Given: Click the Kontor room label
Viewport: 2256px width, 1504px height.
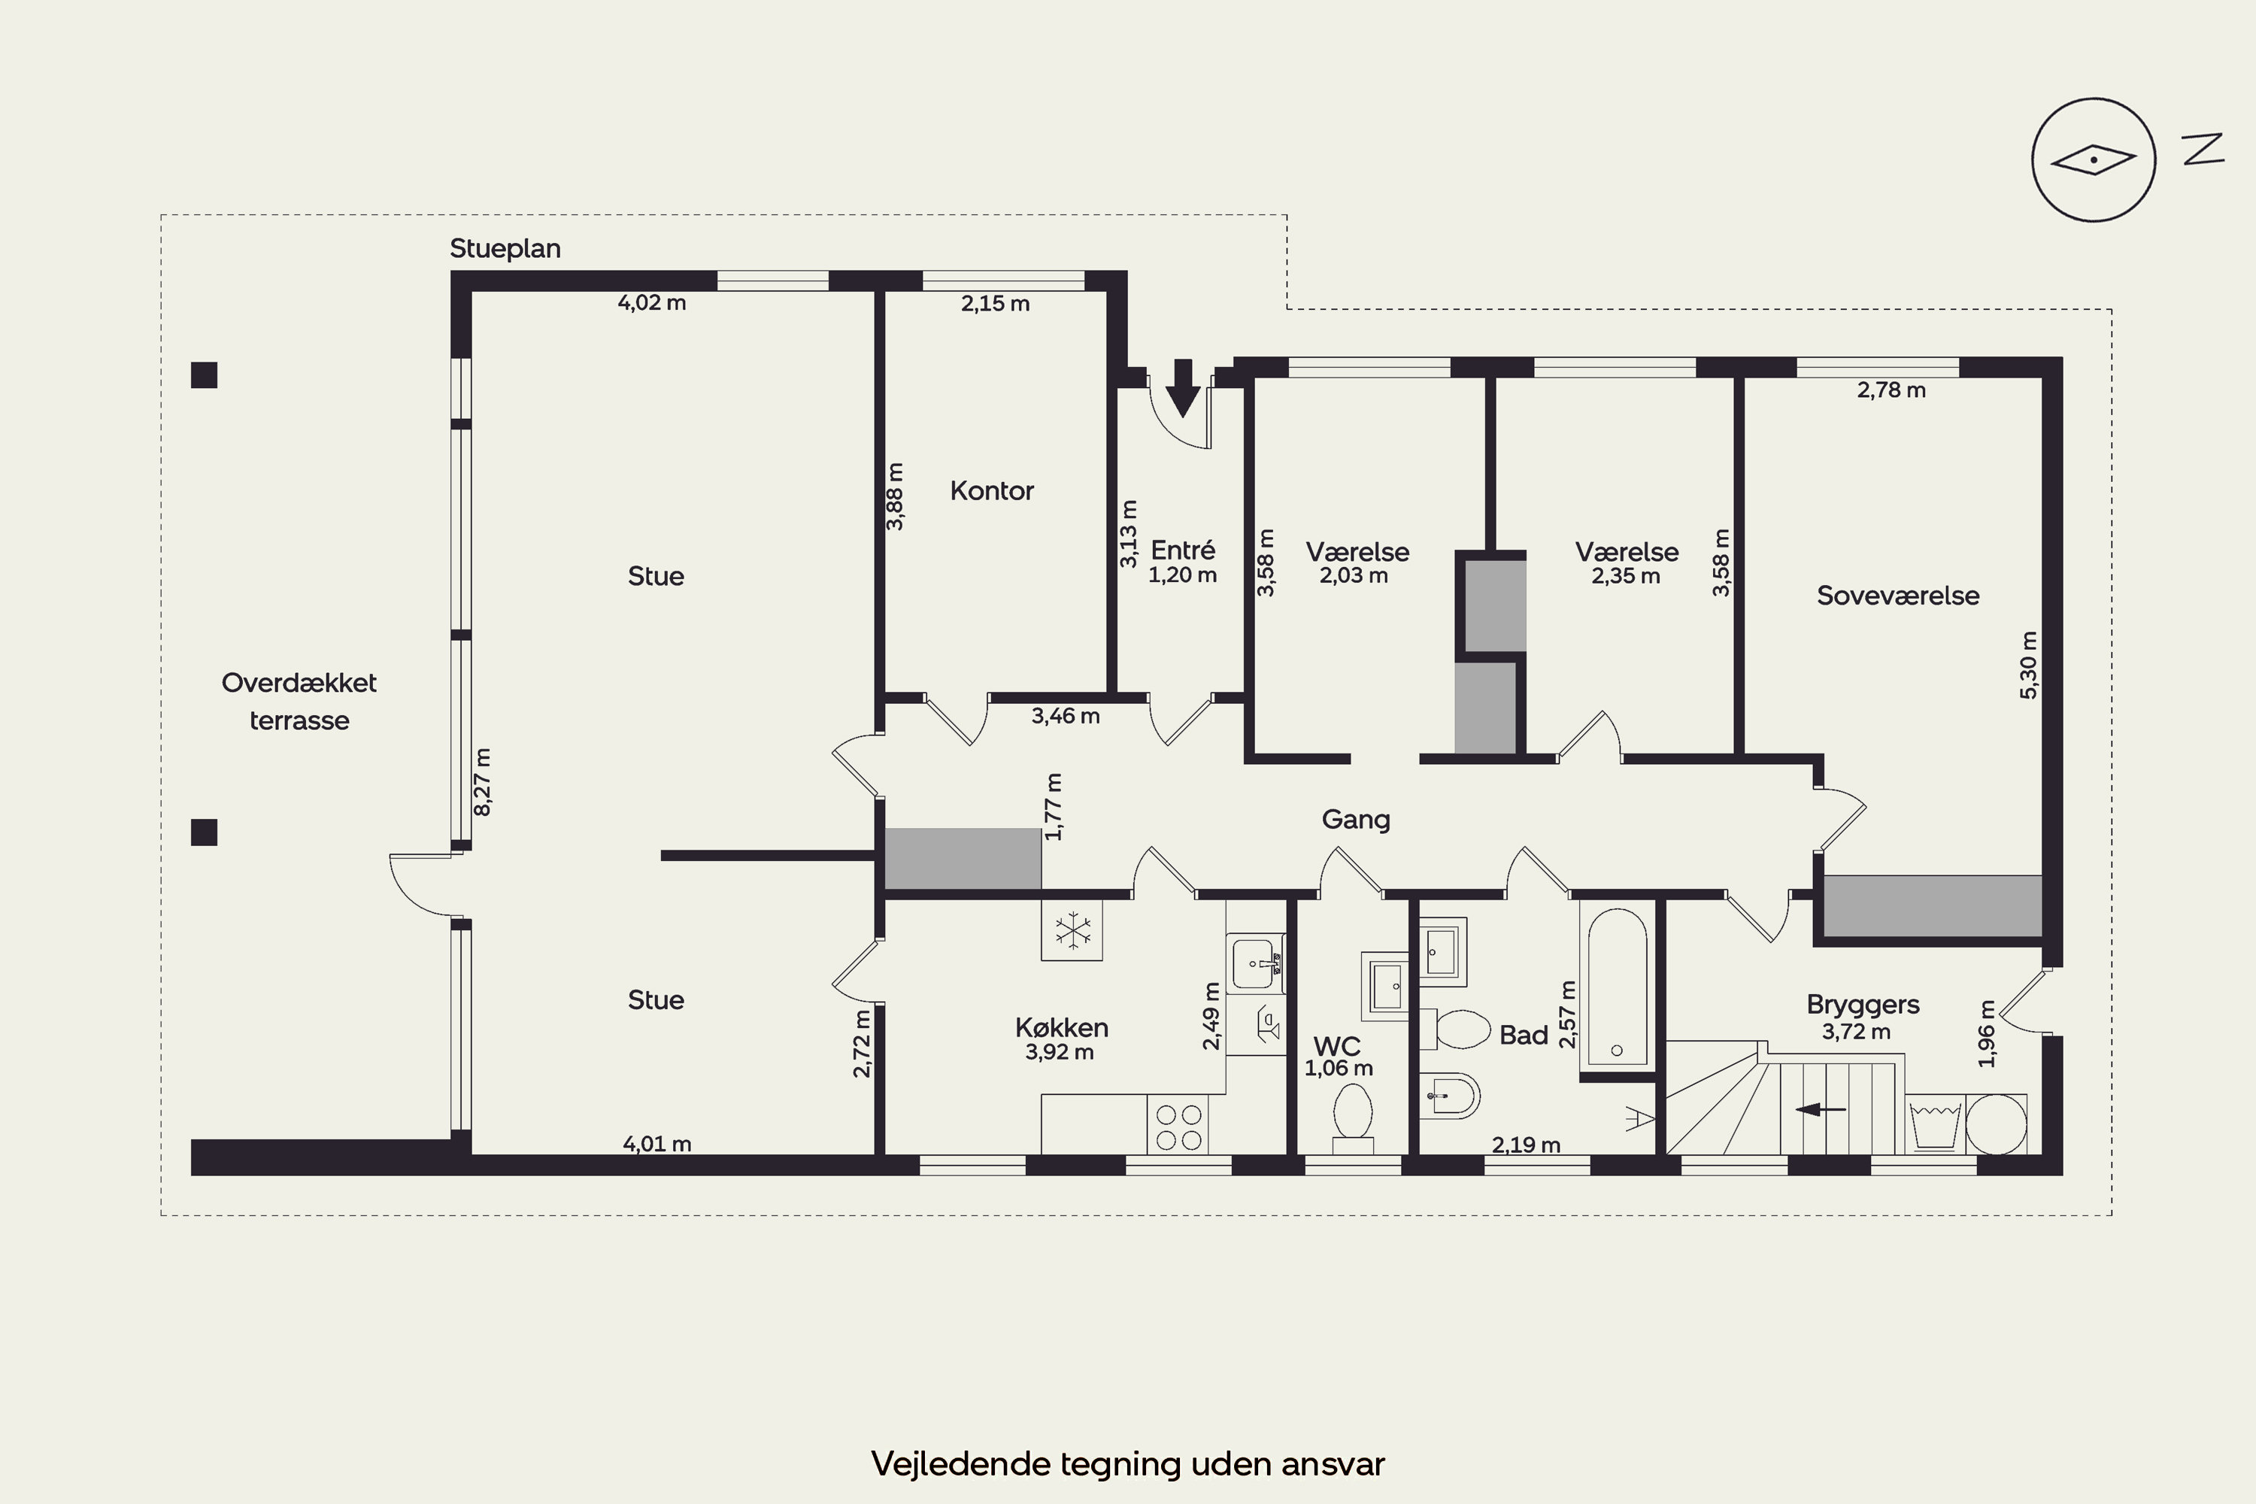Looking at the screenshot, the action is pos(992,491).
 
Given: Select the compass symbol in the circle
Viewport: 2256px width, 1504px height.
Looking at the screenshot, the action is pos(2093,160).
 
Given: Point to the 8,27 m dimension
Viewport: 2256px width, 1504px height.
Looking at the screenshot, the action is pos(483,782).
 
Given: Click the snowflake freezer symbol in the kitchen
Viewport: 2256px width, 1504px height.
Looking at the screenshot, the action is pos(1072,929).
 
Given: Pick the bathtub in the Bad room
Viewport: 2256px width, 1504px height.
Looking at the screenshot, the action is pos(1618,986).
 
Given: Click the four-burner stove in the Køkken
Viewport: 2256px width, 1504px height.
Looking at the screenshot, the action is pos(1178,1126).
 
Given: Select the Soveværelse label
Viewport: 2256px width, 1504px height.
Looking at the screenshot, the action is pos(1897,596).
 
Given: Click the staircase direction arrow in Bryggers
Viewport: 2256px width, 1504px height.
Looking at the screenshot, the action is pos(1820,1110).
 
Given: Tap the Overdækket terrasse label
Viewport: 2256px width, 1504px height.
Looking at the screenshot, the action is pos(299,701).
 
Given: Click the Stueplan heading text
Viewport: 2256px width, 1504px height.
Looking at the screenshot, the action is pos(505,248).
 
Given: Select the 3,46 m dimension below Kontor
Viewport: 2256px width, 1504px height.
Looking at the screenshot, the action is pos(1066,716).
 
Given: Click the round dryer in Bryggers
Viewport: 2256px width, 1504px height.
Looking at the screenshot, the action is pos(1996,1123).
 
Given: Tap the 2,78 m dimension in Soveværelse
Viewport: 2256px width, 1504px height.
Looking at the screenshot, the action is pos(1891,390).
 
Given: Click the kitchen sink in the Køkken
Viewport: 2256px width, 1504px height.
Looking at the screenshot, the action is pos(1256,962).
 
